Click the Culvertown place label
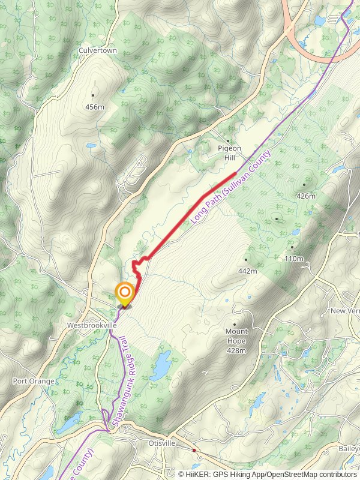tap(97, 51)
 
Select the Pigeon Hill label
tap(229, 152)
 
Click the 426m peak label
tap(305, 196)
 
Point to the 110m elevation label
tap(294, 259)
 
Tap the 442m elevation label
tap(247, 271)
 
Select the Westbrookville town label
tap(92, 325)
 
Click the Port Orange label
tap(34, 381)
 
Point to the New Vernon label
tap(346, 311)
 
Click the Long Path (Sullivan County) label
tap(231, 187)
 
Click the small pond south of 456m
tap(91, 145)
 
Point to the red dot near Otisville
tap(194, 449)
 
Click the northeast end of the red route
tap(235, 173)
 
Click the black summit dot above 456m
tap(93, 95)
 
